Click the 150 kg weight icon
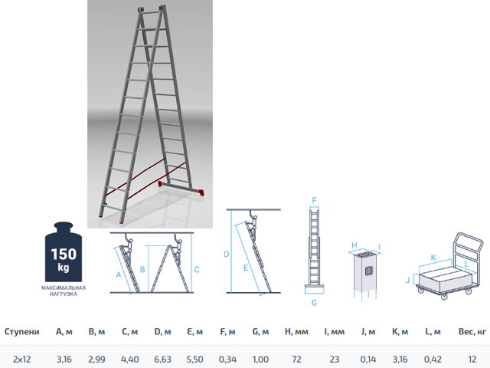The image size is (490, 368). coord(64,252)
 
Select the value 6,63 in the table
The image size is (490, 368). coord(162,360)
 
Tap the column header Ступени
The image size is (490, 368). coord(22,332)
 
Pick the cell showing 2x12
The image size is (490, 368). coord(22,360)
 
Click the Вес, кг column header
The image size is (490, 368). coord(472,332)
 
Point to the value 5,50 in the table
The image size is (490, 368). coord(194,360)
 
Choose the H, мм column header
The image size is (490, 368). coord(296,332)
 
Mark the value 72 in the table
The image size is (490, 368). coord(296,360)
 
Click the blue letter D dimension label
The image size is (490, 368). coord(227,255)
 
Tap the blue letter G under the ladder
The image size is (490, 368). coord(314,303)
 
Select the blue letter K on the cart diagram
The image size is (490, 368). coord(433,258)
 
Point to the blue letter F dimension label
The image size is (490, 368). coord(315,200)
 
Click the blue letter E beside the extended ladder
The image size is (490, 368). coord(246,268)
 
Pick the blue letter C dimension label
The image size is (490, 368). coord(197,269)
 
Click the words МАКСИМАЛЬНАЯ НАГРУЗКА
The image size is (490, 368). coord(64,291)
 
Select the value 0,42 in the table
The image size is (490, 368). coord(433,360)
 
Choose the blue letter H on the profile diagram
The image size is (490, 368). coord(354,245)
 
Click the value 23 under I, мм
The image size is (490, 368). coord(334,360)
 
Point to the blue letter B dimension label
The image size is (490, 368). coord(142,269)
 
